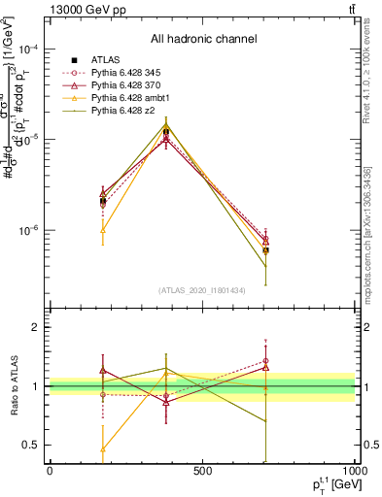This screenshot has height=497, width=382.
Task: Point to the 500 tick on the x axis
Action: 202,471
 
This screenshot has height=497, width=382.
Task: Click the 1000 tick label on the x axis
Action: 355,471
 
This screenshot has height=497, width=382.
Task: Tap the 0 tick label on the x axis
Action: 50,471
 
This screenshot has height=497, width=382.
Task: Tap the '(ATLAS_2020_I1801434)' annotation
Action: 202,290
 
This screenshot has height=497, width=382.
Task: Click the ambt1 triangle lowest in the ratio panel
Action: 103,449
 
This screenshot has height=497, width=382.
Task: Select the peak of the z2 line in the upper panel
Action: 166,117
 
